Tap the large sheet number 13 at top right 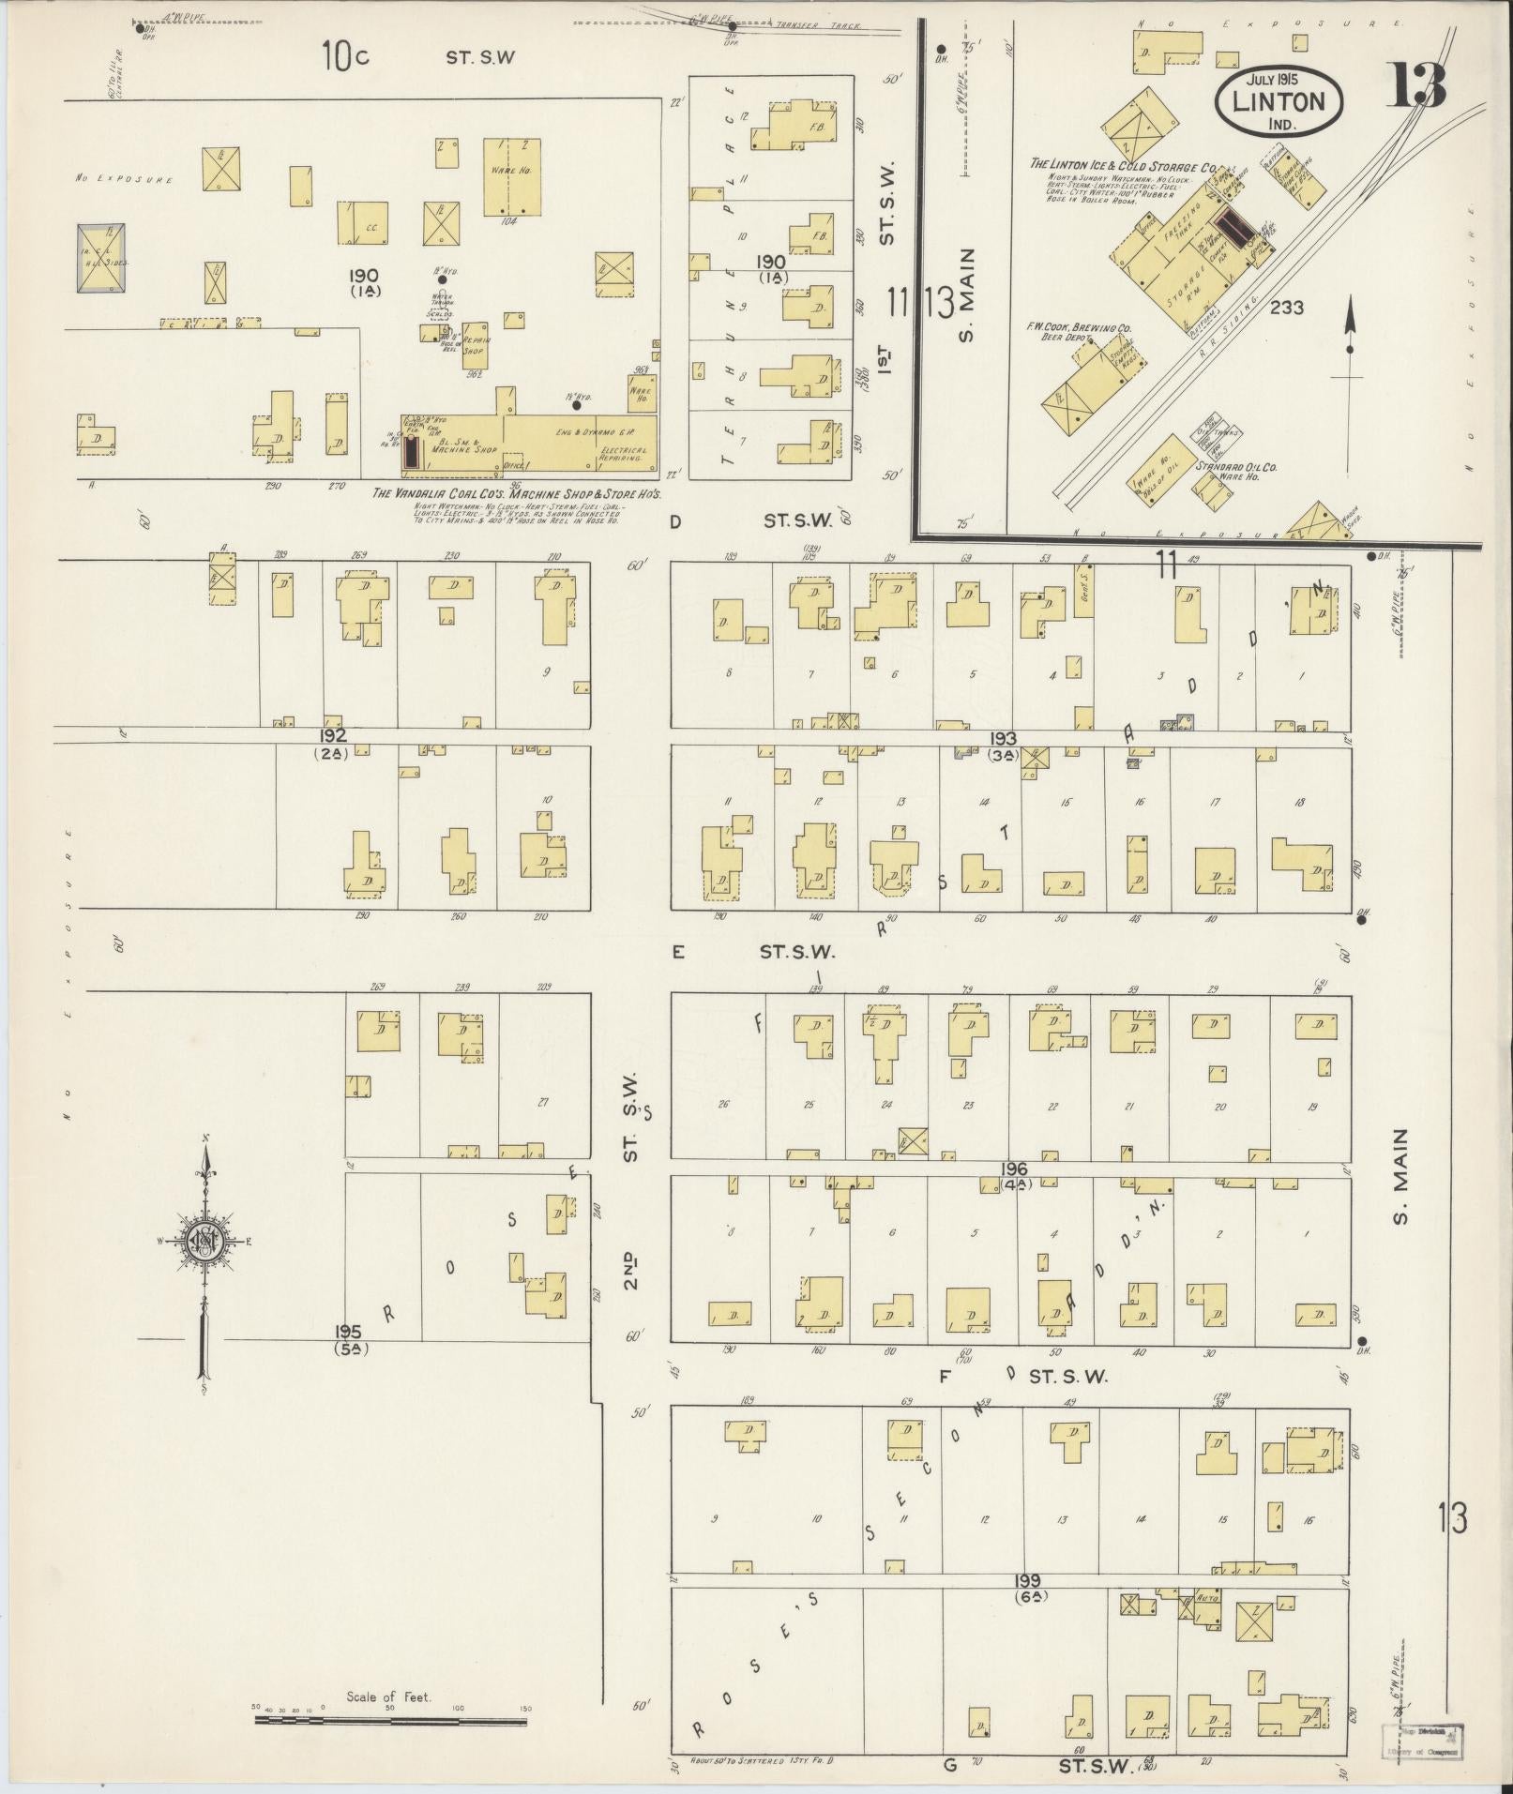(x=1417, y=84)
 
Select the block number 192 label (x=333, y=735)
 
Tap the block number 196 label (x=1014, y=1169)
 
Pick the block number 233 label (x=1286, y=307)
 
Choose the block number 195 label (x=348, y=1331)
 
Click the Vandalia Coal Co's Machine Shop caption (x=517, y=493)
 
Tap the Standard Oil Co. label (x=1235, y=466)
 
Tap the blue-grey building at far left (x=103, y=257)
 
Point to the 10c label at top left (x=345, y=56)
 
